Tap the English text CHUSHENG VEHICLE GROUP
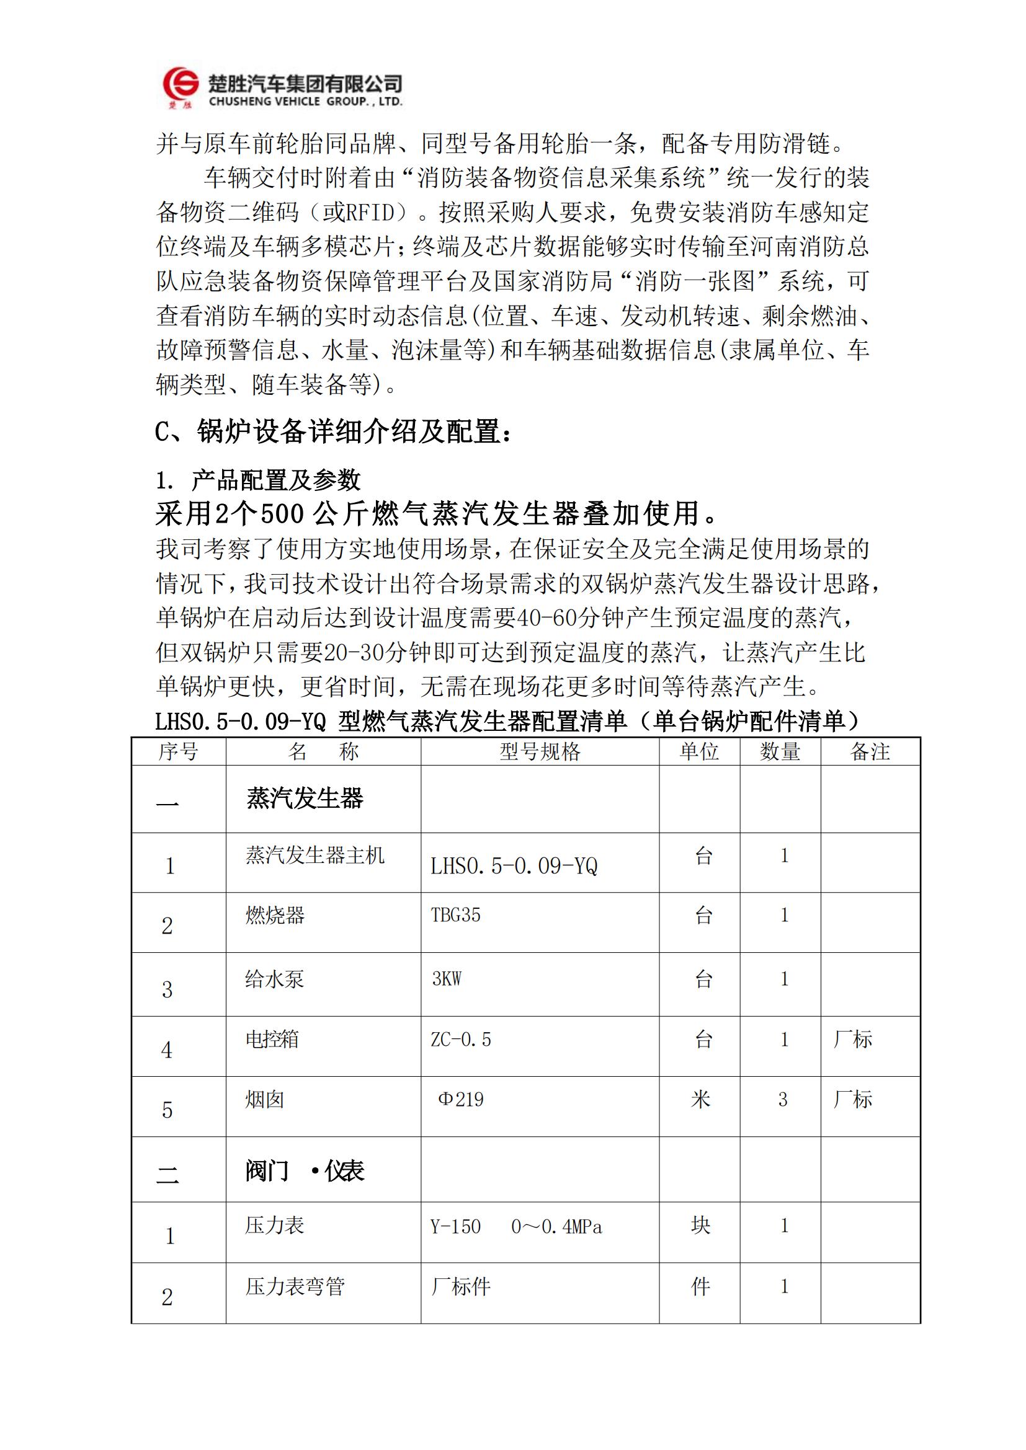305,102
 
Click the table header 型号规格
540,751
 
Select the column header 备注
869,751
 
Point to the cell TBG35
455,915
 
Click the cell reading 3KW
447,979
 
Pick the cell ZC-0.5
460,1039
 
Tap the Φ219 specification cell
460,1100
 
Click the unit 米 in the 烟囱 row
700,1100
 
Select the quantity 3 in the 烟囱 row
783,1100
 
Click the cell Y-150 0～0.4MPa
516,1226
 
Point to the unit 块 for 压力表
700,1225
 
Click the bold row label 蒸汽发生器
305,799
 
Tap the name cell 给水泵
275,979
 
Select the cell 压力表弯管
295,1286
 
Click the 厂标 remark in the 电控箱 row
852,1039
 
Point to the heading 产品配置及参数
275,480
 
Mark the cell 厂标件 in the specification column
460,1286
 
